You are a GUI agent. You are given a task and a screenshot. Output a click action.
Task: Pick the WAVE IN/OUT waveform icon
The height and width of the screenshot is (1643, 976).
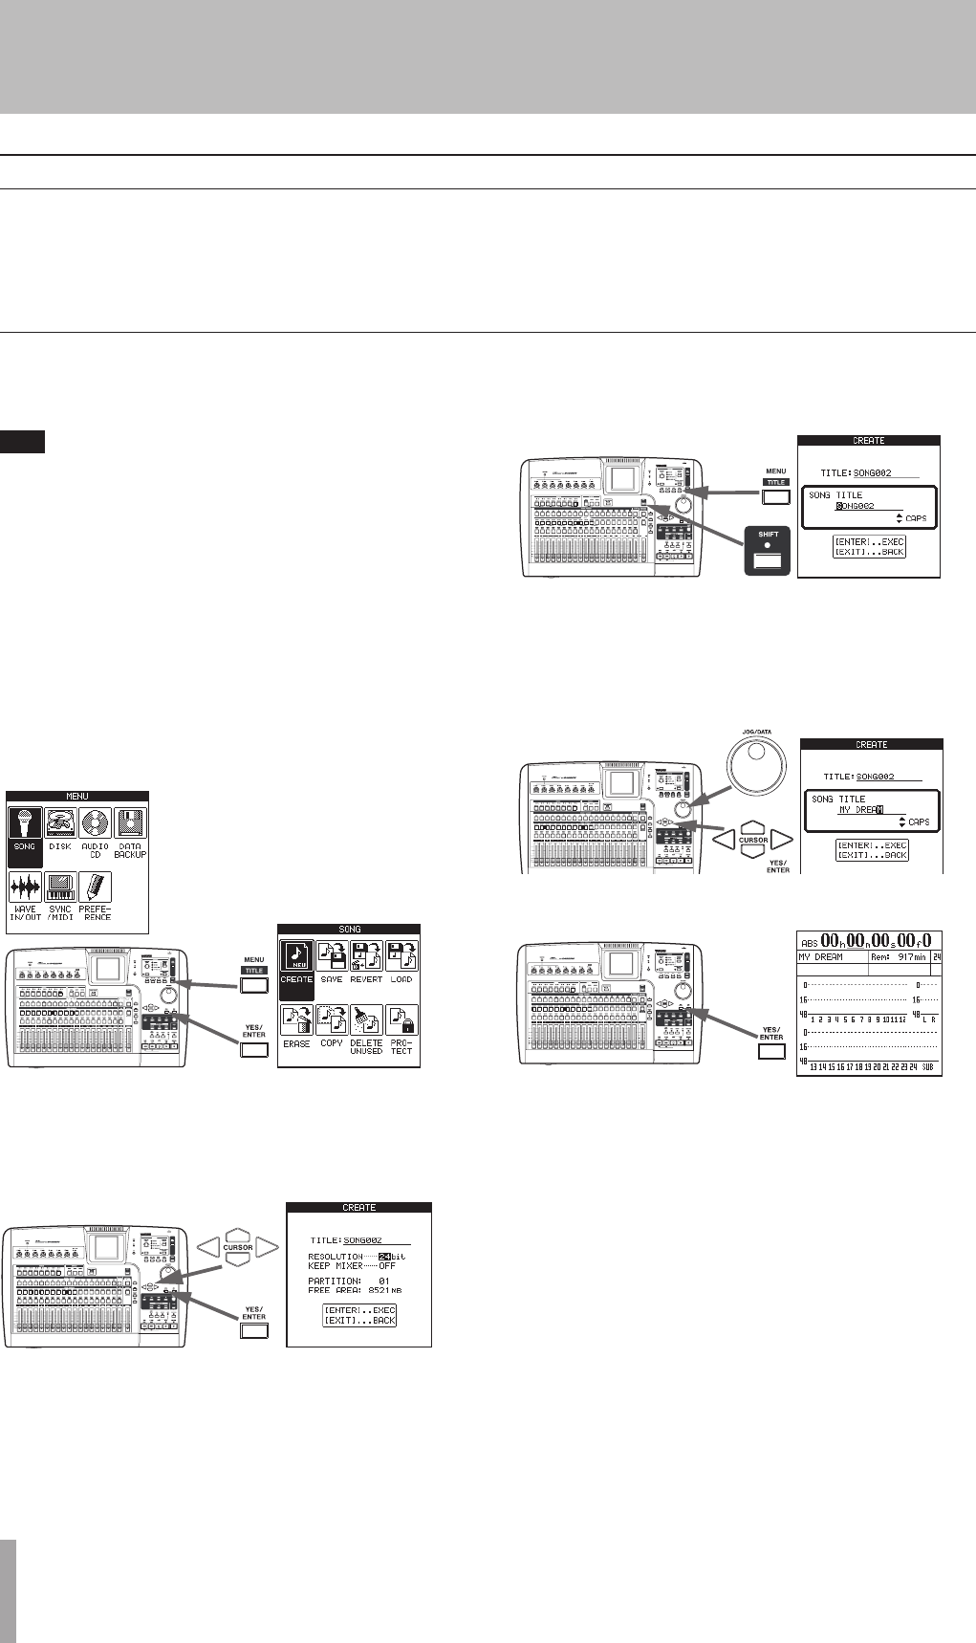25,887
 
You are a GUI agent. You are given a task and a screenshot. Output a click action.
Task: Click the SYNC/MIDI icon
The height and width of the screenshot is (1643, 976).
60,887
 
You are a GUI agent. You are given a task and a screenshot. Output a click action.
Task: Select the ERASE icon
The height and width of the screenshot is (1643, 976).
296,1021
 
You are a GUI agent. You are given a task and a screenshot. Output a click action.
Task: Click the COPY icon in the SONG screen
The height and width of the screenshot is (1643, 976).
332,1021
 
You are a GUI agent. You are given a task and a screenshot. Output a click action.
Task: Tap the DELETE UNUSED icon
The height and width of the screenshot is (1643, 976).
366,1021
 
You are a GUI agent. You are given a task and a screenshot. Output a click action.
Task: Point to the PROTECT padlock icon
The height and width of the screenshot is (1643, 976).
401,1021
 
